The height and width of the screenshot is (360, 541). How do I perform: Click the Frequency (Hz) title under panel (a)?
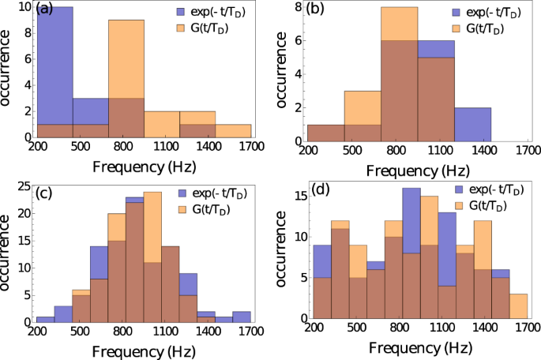143,166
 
